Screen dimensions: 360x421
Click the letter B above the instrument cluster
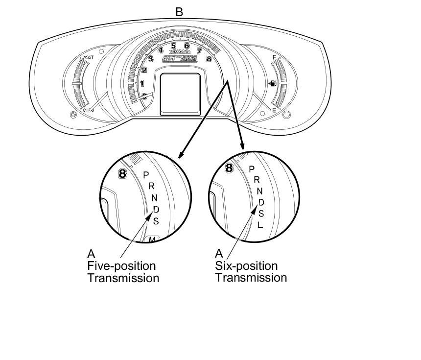pos(179,11)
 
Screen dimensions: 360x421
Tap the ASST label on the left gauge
pos(88,57)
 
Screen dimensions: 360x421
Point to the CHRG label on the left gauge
pos(88,110)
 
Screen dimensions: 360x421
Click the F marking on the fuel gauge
pos(274,58)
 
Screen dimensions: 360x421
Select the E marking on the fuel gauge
pos(274,110)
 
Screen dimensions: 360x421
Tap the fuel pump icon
pos(272,84)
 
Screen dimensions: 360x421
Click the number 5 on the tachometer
pos(173,46)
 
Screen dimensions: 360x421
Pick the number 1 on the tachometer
pos(142,83)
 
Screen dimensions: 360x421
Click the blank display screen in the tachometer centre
pos(180,94)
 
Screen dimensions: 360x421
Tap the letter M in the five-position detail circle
pos(152,240)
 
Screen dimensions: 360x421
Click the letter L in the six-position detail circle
pos(260,225)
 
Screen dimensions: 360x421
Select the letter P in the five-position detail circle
pos(145,175)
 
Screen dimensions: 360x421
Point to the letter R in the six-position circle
pos(257,180)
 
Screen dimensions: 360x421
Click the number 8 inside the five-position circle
pos(123,173)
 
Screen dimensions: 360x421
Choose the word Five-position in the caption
pos(121,266)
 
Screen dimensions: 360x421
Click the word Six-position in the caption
pos(246,266)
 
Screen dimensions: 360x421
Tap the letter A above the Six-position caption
pos(219,254)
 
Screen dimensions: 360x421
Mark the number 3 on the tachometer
pos(151,59)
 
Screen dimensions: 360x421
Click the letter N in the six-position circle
pos(260,191)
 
